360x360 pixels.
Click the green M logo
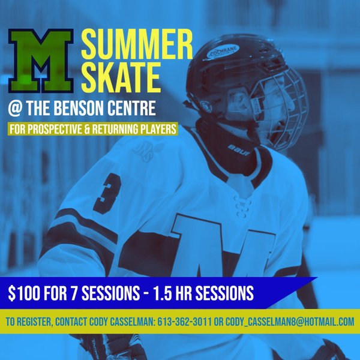pyautogui.click(x=41, y=61)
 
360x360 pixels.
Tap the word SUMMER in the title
pyautogui.click(x=137, y=44)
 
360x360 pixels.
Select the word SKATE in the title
pyautogui.click(x=121, y=77)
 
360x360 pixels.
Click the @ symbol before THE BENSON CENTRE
pyautogui.click(x=15, y=109)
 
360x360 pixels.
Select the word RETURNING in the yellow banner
pyautogui.click(x=115, y=129)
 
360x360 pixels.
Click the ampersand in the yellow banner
pyautogui.click(x=87, y=129)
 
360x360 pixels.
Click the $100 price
pyautogui.click(x=24, y=293)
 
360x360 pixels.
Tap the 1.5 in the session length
pyautogui.click(x=162, y=293)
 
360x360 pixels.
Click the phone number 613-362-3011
pyautogui.click(x=184, y=322)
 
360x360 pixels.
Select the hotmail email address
pyautogui.click(x=290, y=322)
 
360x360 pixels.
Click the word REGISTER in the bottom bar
pyautogui.click(x=35, y=322)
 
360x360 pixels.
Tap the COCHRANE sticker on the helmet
pyautogui.click(x=223, y=52)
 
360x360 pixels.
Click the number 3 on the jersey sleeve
pyautogui.click(x=107, y=193)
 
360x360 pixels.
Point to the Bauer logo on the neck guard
pyautogui.click(x=239, y=150)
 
